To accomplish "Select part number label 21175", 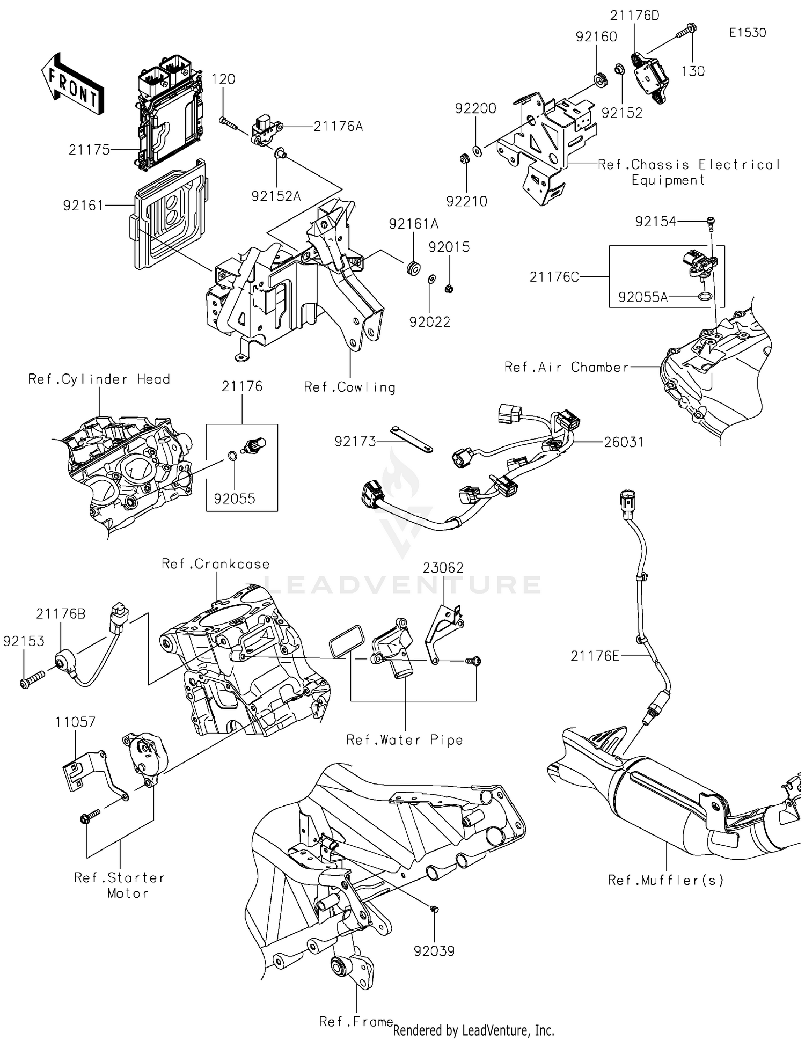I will [89, 150].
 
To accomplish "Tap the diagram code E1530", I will [747, 33].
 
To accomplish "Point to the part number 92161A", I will [413, 224].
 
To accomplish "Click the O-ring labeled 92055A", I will [706, 296].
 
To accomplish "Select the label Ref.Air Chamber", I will [566, 367].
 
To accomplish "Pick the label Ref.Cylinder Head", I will [99, 379].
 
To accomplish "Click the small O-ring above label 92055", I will [231, 456].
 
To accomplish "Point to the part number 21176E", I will [595, 656].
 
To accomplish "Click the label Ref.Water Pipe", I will [404, 740].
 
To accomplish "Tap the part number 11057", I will [75, 722].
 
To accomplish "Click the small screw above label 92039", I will [435, 909].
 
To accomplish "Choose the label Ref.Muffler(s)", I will [665, 880].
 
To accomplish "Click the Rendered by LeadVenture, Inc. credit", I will [473, 1030].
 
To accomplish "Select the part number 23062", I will [443, 568].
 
